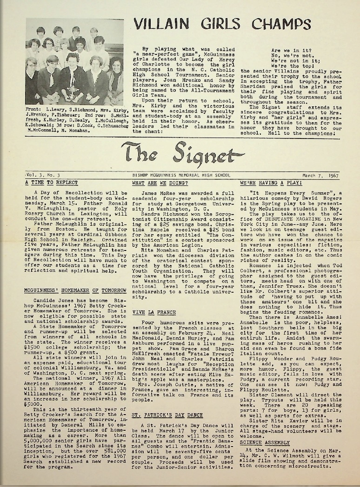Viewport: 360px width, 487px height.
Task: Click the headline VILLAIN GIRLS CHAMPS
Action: point(225,24)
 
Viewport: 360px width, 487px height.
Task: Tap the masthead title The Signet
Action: point(183,153)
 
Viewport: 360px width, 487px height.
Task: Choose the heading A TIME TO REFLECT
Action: point(52,183)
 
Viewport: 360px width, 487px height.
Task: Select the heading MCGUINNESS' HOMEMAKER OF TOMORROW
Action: point(75,290)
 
